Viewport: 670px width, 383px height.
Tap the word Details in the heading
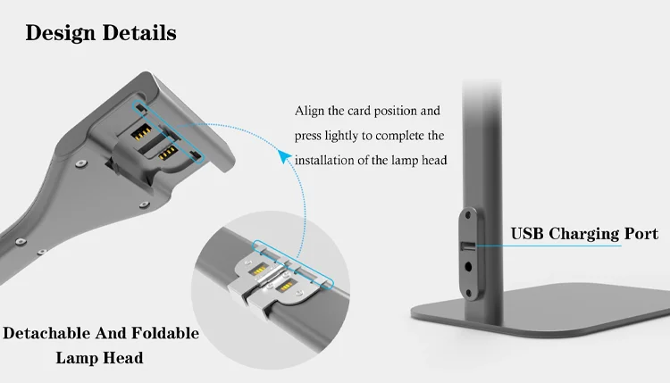tap(140, 33)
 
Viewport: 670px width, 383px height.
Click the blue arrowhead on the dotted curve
tap(285, 158)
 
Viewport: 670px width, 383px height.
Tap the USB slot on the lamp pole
tap(467, 245)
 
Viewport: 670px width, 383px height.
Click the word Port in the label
tap(641, 235)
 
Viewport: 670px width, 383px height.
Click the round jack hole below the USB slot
tap(467, 264)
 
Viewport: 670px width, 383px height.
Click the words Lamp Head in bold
tap(100, 358)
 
